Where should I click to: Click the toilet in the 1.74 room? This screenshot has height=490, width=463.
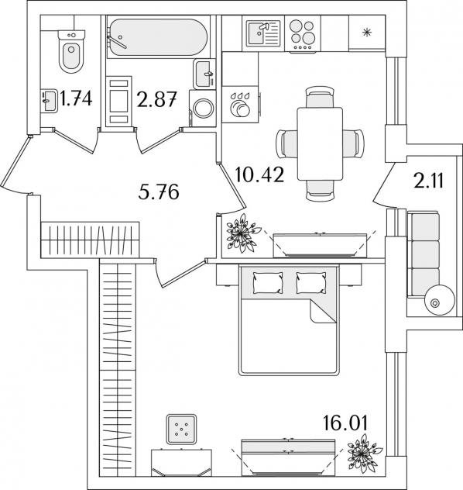pyautogui.click(x=71, y=52)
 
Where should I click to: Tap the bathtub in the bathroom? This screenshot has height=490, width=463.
pyautogui.click(x=157, y=37)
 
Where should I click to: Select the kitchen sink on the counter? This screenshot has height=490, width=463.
pyautogui.click(x=263, y=33)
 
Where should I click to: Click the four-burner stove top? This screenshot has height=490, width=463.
pyautogui.click(x=303, y=35)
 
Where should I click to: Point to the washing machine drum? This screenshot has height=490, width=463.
pyautogui.click(x=204, y=108)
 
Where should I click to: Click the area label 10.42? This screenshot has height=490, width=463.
pyautogui.click(x=259, y=174)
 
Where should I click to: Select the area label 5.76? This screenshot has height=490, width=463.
pyautogui.click(x=159, y=192)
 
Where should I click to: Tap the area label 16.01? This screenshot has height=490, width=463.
pyautogui.click(x=345, y=423)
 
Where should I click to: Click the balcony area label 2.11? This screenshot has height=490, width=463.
pyautogui.click(x=428, y=181)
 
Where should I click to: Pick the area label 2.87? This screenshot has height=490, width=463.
pyautogui.click(x=156, y=99)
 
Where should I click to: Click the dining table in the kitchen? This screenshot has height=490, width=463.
pyautogui.click(x=320, y=143)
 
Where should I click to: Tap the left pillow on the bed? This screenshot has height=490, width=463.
pyautogui.click(x=268, y=282)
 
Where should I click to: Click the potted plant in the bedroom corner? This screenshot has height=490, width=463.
pyautogui.click(x=364, y=453)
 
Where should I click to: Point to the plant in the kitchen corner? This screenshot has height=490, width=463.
pyautogui.click(x=243, y=233)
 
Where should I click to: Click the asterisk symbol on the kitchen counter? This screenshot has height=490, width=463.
pyautogui.click(x=367, y=33)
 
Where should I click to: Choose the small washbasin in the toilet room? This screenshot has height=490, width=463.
pyautogui.click(x=49, y=101)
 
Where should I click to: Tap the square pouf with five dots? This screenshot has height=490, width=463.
pyautogui.click(x=182, y=429)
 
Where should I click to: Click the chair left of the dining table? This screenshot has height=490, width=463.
pyautogui.click(x=286, y=144)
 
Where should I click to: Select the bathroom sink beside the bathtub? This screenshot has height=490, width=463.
pyautogui.click(x=204, y=74)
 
